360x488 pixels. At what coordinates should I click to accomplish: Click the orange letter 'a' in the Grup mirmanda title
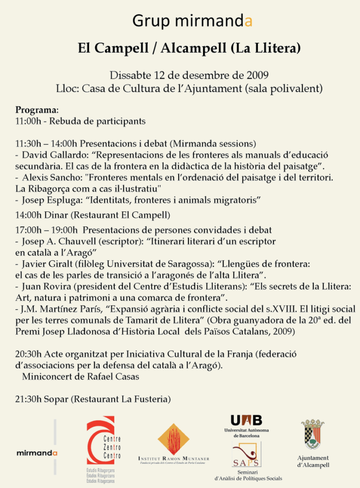248,21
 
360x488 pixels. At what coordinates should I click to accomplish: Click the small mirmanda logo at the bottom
37,453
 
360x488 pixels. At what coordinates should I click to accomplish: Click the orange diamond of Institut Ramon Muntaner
173,439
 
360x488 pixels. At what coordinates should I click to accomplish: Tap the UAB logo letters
246,420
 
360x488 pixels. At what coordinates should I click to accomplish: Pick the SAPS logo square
246,454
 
